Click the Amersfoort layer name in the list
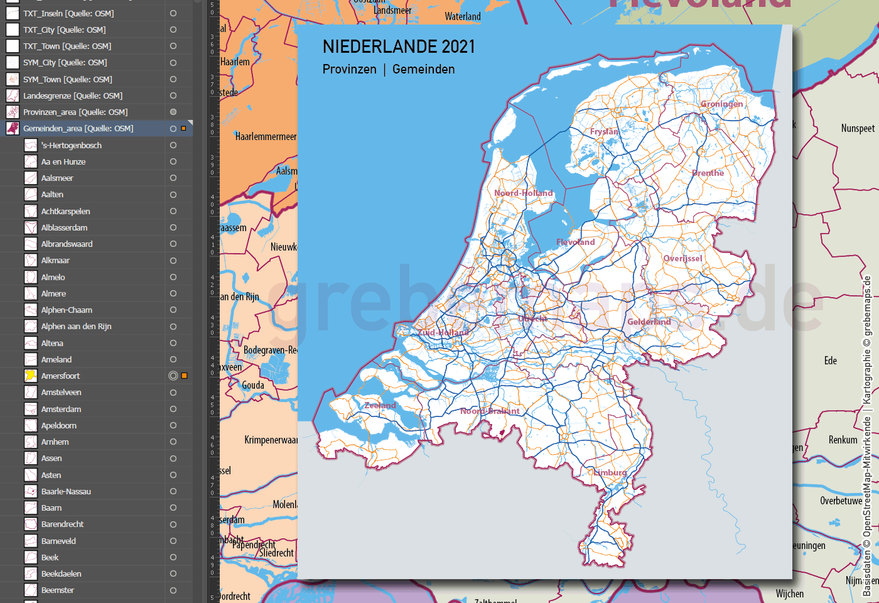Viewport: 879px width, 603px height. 60,376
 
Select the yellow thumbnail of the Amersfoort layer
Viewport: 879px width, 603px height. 30,376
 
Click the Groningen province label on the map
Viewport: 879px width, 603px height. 721,104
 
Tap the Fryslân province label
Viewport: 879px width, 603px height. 604,131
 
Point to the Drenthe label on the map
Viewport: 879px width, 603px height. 708,173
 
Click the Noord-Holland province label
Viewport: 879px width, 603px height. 523,193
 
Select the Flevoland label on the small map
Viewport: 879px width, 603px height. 575,242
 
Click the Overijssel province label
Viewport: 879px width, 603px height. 682,258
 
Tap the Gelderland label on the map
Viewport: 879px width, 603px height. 649,322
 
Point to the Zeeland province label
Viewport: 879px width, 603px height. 380,405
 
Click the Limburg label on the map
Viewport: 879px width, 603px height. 610,472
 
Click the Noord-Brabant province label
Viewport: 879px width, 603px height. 490,411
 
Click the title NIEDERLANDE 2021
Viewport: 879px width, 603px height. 399,46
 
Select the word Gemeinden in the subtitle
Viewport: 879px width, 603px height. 423,69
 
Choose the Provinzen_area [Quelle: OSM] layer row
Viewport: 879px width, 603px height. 75,112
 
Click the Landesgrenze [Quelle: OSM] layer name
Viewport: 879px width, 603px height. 73,95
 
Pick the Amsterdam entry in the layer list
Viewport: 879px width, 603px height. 61,409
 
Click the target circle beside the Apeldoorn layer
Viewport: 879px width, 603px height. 173,425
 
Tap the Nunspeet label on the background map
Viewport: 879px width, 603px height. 858,128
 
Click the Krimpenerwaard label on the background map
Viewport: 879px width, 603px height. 271,440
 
